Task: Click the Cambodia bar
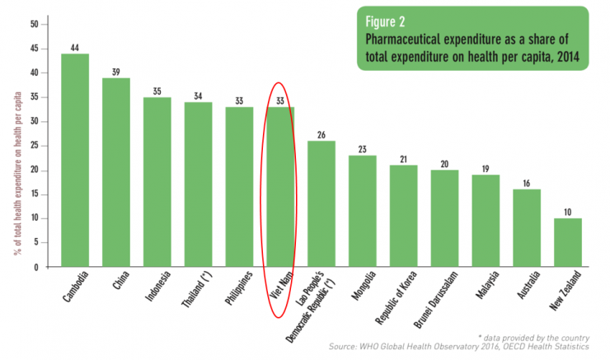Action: pyautogui.click(x=75, y=161)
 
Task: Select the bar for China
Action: pyautogui.click(x=116, y=173)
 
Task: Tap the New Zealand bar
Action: pyautogui.click(x=567, y=243)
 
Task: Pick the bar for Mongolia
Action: pyautogui.click(x=362, y=211)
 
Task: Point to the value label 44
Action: pyautogui.click(x=75, y=47)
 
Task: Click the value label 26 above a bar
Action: pyautogui.click(x=321, y=134)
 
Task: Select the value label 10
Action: pyautogui.click(x=567, y=212)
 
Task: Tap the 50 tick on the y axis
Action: pyautogui.click(x=34, y=24)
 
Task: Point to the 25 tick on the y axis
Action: pyautogui.click(x=34, y=146)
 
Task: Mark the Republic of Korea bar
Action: pyautogui.click(x=403, y=216)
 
